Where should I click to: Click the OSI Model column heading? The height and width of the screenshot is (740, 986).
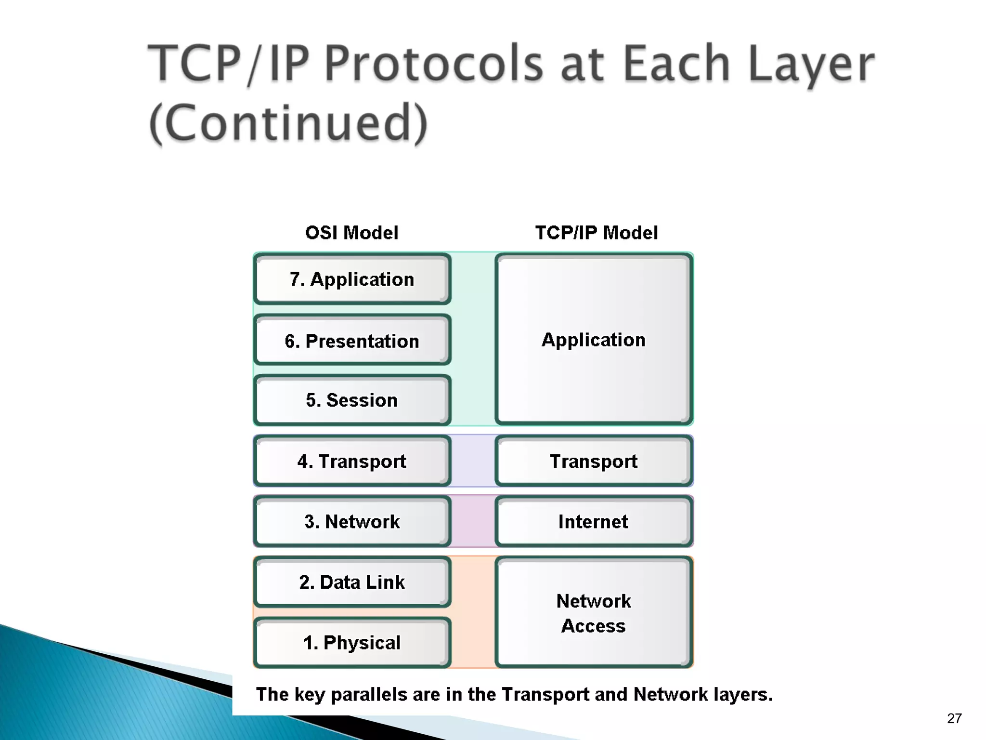pyautogui.click(x=352, y=233)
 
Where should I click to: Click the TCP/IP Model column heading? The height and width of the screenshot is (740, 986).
pyautogui.click(x=596, y=233)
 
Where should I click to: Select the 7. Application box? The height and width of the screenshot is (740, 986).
pyautogui.click(x=352, y=279)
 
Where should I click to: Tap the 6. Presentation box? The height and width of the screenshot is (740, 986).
pyautogui.click(x=352, y=341)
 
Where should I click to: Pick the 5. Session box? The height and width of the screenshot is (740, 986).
pyautogui.click(x=352, y=400)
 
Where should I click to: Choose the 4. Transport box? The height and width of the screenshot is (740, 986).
pyautogui.click(x=352, y=461)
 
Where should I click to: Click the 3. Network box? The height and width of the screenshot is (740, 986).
pyautogui.click(x=352, y=521)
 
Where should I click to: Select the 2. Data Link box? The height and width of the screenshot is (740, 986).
pyautogui.click(x=352, y=582)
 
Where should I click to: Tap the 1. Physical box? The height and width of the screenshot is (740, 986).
pyautogui.click(x=352, y=642)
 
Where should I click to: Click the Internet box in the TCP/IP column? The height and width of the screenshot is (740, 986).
pyautogui.click(x=594, y=521)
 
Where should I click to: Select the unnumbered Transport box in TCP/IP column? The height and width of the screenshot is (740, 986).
pyautogui.click(x=594, y=461)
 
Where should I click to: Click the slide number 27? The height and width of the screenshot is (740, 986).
pyautogui.click(x=954, y=718)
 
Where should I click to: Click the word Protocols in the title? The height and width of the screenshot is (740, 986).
pyautogui.click(x=433, y=64)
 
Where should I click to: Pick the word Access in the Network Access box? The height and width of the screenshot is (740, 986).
pyautogui.click(x=594, y=626)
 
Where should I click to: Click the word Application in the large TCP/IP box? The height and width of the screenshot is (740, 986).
pyautogui.click(x=594, y=340)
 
